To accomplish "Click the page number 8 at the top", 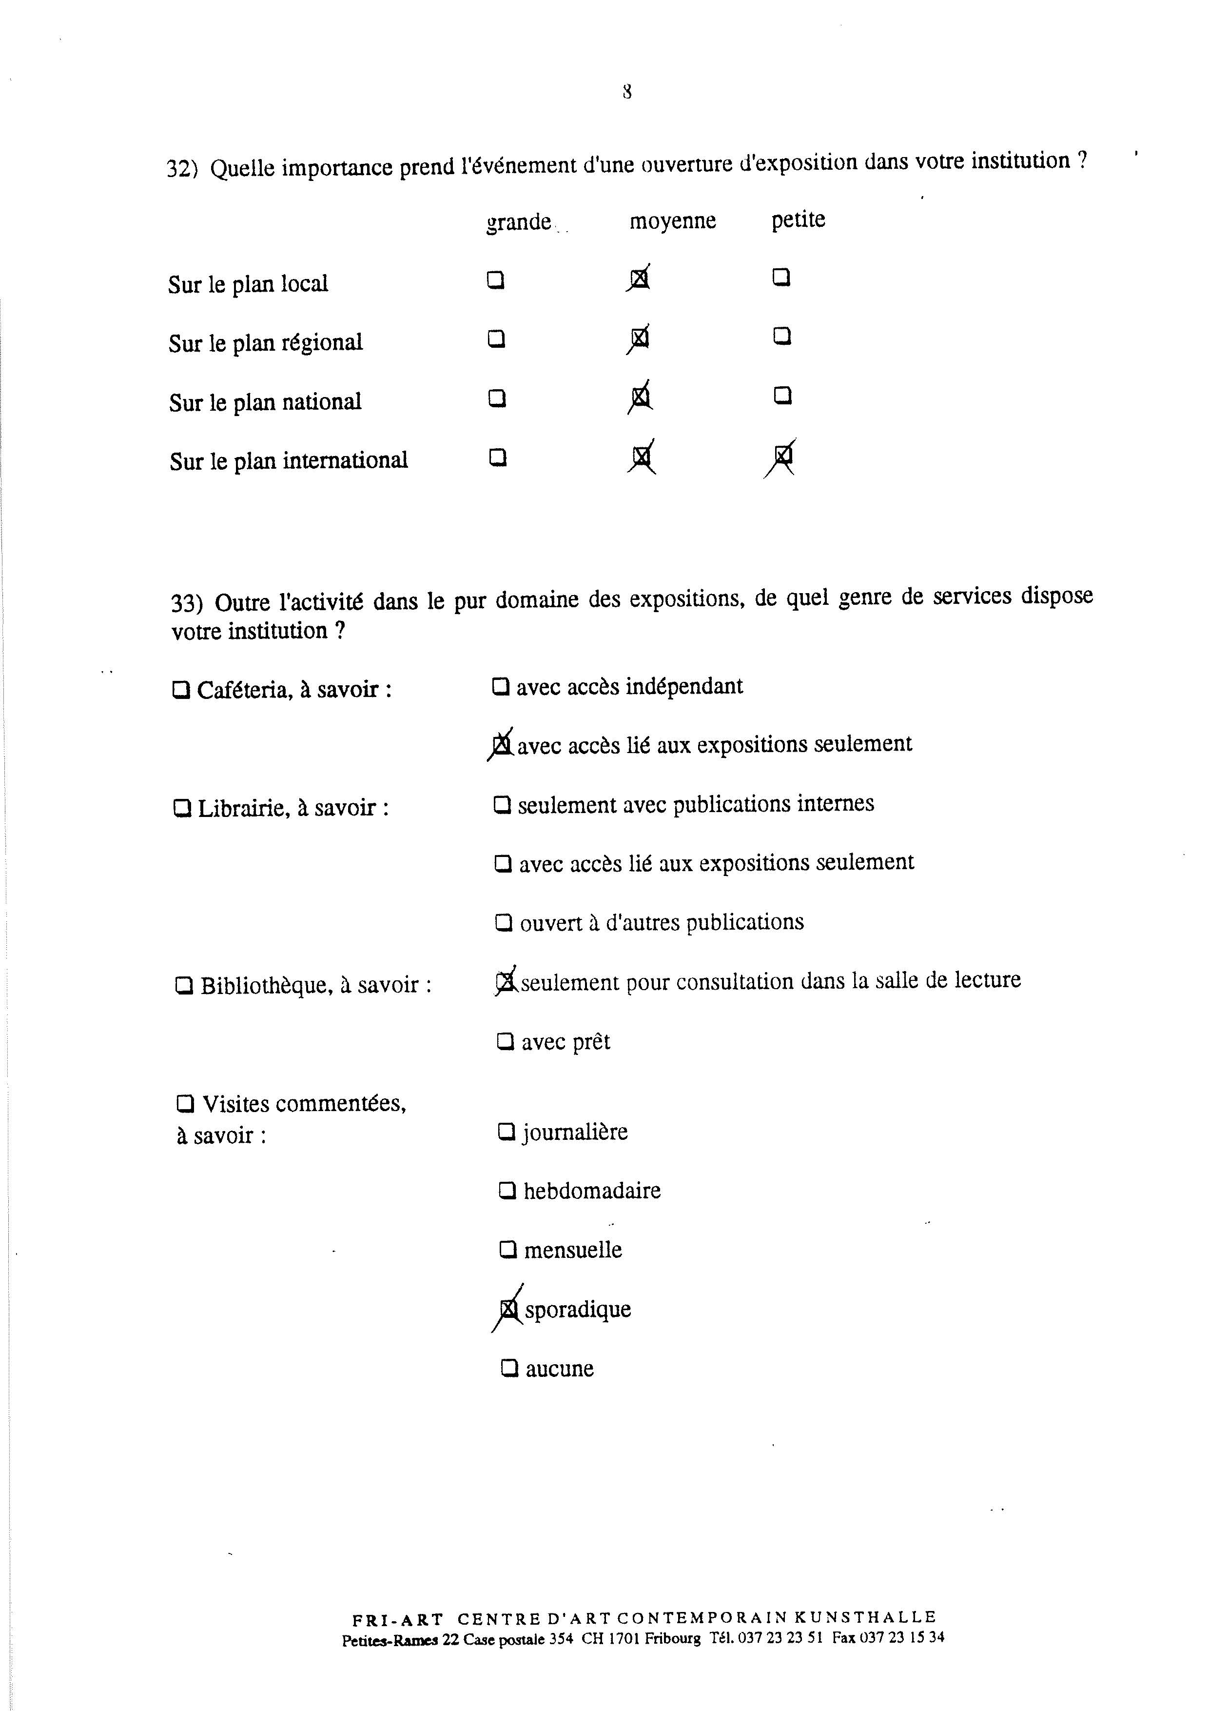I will (627, 92).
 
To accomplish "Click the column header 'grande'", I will (519, 222).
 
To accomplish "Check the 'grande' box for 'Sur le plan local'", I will (495, 280).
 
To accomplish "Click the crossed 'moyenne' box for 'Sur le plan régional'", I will (639, 339).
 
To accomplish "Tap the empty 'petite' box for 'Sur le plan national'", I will (782, 395).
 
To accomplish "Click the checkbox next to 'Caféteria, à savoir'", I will (180, 690).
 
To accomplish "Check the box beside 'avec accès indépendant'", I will (501, 686).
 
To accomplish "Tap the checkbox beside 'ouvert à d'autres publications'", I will (504, 923).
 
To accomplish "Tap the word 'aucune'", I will (560, 1369).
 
